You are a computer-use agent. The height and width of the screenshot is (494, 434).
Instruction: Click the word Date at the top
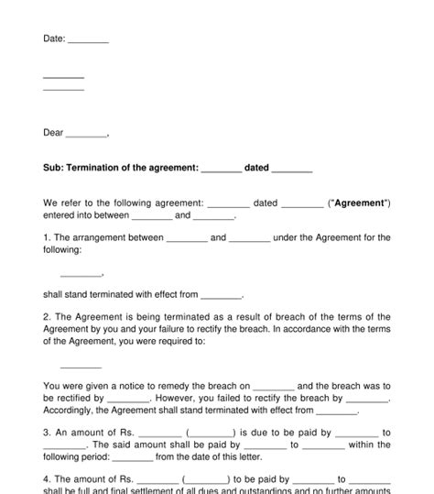pos(53,38)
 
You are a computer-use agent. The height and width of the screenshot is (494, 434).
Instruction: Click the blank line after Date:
pos(88,41)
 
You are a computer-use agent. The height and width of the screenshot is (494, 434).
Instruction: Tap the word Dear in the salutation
pos(53,133)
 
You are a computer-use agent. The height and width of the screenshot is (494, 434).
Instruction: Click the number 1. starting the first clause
pos(47,237)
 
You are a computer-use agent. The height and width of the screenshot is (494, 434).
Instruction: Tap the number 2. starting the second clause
pos(47,316)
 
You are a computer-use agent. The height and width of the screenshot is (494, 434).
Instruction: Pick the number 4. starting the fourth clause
pos(47,478)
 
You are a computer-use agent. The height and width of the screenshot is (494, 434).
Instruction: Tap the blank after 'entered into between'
pos(152,217)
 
